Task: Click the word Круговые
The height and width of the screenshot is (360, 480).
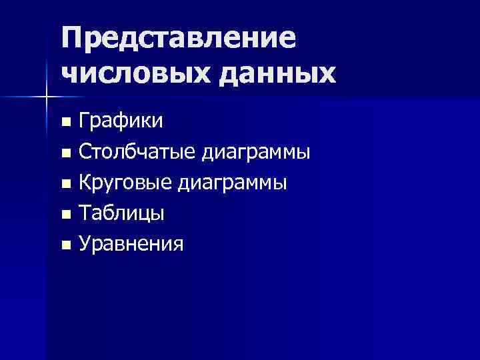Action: coord(126,183)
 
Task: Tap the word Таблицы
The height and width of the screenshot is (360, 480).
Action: coord(122,214)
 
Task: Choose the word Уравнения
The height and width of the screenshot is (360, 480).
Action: coord(131,245)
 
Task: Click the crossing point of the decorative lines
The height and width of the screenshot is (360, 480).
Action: coord(46,98)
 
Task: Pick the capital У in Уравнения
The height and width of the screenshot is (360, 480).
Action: coord(85,245)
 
